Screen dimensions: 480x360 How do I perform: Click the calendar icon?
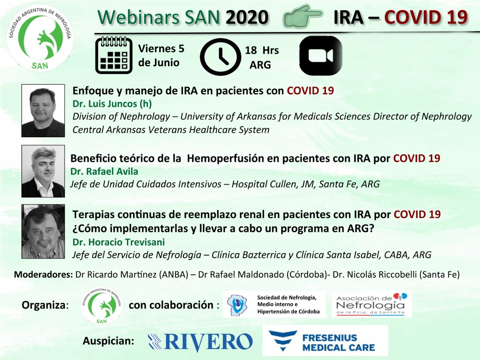point(114,55)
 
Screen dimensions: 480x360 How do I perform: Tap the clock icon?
point(220,57)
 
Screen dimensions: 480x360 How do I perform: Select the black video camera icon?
point(321,55)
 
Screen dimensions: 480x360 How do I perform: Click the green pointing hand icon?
point(303,16)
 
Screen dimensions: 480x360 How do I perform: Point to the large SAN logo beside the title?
point(40,38)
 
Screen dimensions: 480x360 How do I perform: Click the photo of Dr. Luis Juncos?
point(43,111)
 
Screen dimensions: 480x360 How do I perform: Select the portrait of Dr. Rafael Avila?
point(43,171)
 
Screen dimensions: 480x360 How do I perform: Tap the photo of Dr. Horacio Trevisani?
point(43,231)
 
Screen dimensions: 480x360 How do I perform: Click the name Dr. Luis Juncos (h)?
point(112,104)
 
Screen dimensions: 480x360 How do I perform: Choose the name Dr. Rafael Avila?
point(104,172)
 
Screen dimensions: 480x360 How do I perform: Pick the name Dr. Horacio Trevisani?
point(119,242)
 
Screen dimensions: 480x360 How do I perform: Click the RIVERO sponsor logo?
point(200,342)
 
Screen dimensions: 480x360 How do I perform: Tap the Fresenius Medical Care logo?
point(325,341)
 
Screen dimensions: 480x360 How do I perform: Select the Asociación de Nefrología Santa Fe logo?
point(372,304)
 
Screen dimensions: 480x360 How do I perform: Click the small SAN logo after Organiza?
point(102,305)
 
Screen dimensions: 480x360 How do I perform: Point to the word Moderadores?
point(43,274)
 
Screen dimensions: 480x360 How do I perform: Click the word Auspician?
point(108,341)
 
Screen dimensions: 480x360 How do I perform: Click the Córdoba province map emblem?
point(237,304)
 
